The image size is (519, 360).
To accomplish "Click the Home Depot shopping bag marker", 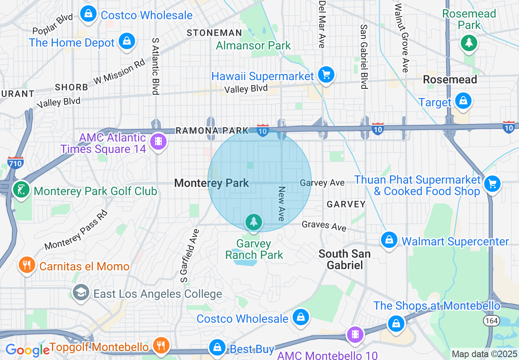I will click(127, 41).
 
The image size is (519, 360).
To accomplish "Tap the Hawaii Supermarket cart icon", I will click(326, 75).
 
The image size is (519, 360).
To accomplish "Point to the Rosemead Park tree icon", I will click(469, 42).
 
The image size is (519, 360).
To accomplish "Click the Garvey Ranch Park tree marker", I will click(254, 222).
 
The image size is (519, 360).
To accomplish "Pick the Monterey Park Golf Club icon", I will click(20, 189).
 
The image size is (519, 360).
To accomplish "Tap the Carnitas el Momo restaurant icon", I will click(27, 265).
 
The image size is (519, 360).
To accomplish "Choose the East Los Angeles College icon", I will click(81, 292).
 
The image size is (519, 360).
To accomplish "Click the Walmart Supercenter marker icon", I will click(389, 240).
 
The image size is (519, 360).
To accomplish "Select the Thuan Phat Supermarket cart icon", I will click(492, 184).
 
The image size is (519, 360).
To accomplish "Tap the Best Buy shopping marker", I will click(217, 348).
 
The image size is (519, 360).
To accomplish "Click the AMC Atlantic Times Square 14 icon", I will click(158, 142).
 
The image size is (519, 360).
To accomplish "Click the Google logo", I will click(27, 350).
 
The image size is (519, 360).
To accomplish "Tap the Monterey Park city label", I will click(212, 183).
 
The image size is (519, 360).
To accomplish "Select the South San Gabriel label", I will click(345, 259).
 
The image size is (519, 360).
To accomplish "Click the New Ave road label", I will click(281, 204).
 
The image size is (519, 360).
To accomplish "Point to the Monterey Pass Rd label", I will click(76, 230).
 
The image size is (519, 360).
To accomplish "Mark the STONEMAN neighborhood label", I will click(214, 33).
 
